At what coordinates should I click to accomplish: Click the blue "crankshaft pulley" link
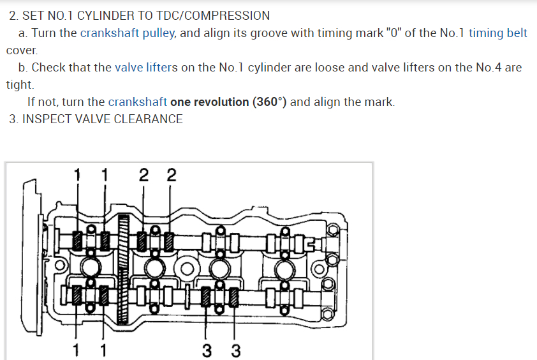[128, 33]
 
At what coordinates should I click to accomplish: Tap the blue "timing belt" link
[497, 33]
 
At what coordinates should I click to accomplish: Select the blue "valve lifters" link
[146, 68]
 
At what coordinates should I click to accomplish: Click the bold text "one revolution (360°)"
[228, 102]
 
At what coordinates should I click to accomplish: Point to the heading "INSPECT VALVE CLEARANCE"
[103, 119]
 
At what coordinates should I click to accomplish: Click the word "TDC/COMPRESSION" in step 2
[213, 16]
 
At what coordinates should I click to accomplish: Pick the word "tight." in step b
[20, 85]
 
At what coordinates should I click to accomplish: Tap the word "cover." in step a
[22, 50]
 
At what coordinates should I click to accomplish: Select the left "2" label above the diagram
[144, 175]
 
